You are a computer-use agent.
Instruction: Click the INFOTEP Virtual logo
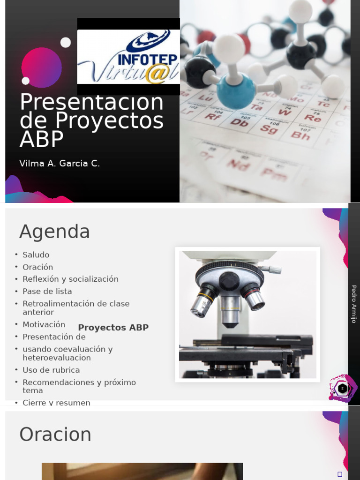pyautogui.click(x=128, y=57)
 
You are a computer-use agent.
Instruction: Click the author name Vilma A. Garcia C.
pyautogui.click(x=60, y=164)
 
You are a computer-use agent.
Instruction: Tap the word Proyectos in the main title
pyautogui.click(x=109, y=120)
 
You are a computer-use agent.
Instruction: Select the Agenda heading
pyautogui.click(x=54, y=232)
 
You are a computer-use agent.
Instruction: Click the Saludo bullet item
pyautogui.click(x=36, y=255)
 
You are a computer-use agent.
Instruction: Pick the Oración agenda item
pyautogui.click(x=37, y=267)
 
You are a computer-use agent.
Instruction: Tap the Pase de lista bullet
pyautogui.click(x=47, y=292)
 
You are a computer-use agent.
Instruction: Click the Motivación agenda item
pyautogui.click(x=44, y=324)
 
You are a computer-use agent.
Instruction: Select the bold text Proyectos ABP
pyautogui.click(x=113, y=328)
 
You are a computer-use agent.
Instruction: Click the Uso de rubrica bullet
pyautogui.click(x=51, y=370)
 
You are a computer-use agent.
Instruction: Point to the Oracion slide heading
pyautogui.click(x=55, y=435)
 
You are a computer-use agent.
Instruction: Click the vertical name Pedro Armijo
pyautogui.click(x=354, y=304)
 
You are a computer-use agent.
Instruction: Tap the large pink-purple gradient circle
pyautogui.click(x=41, y=67)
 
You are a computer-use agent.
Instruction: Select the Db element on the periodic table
pyautogui.click(x=239, y=122)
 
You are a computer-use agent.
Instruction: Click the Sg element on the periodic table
pyautogui.click(x=269, y=128)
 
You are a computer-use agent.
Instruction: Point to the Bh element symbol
pyautogui.click(x=300, y=135)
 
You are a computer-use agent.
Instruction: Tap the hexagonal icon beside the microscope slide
pyautogui.click(x=343, y=388)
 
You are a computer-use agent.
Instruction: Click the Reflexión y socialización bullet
pyautogui.click(x=70, y=279)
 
